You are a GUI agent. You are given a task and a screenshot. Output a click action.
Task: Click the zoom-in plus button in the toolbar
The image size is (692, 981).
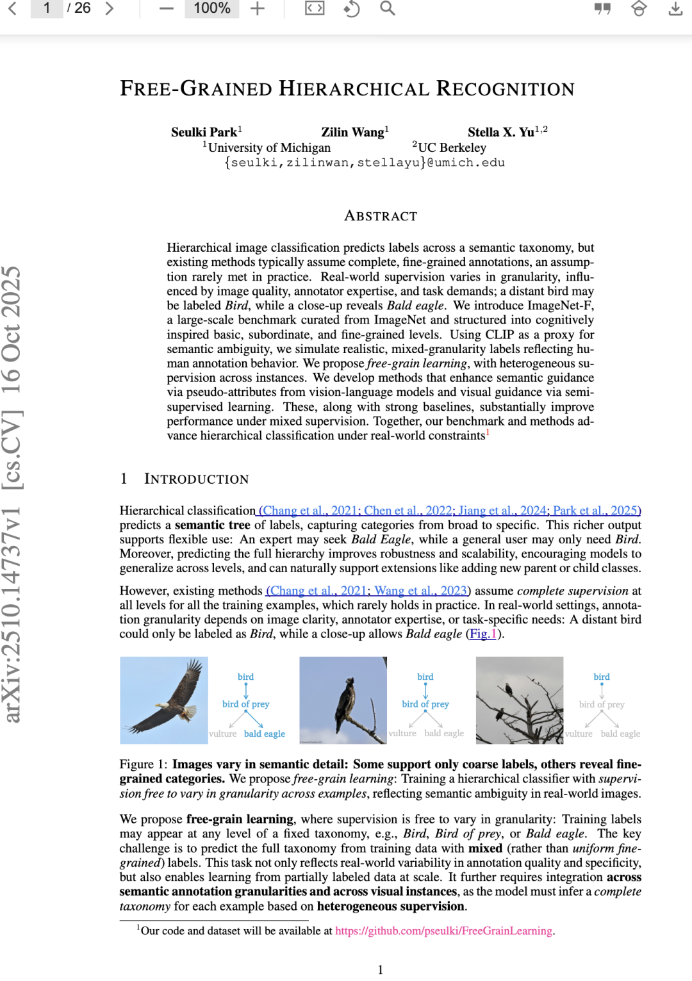(x=258, y=8)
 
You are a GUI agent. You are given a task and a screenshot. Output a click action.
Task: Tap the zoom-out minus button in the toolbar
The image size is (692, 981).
(x=167, y=8)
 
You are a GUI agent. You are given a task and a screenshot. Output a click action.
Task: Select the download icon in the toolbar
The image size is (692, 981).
(x=675, y=8)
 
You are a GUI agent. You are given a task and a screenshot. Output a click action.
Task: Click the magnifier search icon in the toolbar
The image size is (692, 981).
(x=388, y=8)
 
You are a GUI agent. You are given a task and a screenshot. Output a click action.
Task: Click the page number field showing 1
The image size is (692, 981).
(x=47, y=8)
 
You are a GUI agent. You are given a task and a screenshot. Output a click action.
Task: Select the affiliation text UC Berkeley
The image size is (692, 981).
(x=452, y=147)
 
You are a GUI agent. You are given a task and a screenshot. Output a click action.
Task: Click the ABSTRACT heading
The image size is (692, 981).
(x=381, y=216)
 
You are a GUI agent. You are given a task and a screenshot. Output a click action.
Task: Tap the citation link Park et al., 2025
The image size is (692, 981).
(x=596, y=511)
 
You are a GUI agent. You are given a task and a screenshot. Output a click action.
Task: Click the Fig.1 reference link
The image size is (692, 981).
(x=484, y=634)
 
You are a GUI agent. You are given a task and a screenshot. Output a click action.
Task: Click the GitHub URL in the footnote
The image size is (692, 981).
(x=443, y=930)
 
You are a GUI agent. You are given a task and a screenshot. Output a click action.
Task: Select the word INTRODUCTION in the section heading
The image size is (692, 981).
(x=196, y=479)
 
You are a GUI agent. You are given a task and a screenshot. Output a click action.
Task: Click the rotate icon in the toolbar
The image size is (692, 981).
(x=351, y=8)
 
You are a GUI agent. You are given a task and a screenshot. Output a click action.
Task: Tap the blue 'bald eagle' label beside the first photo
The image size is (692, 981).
(x=264, y=734)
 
